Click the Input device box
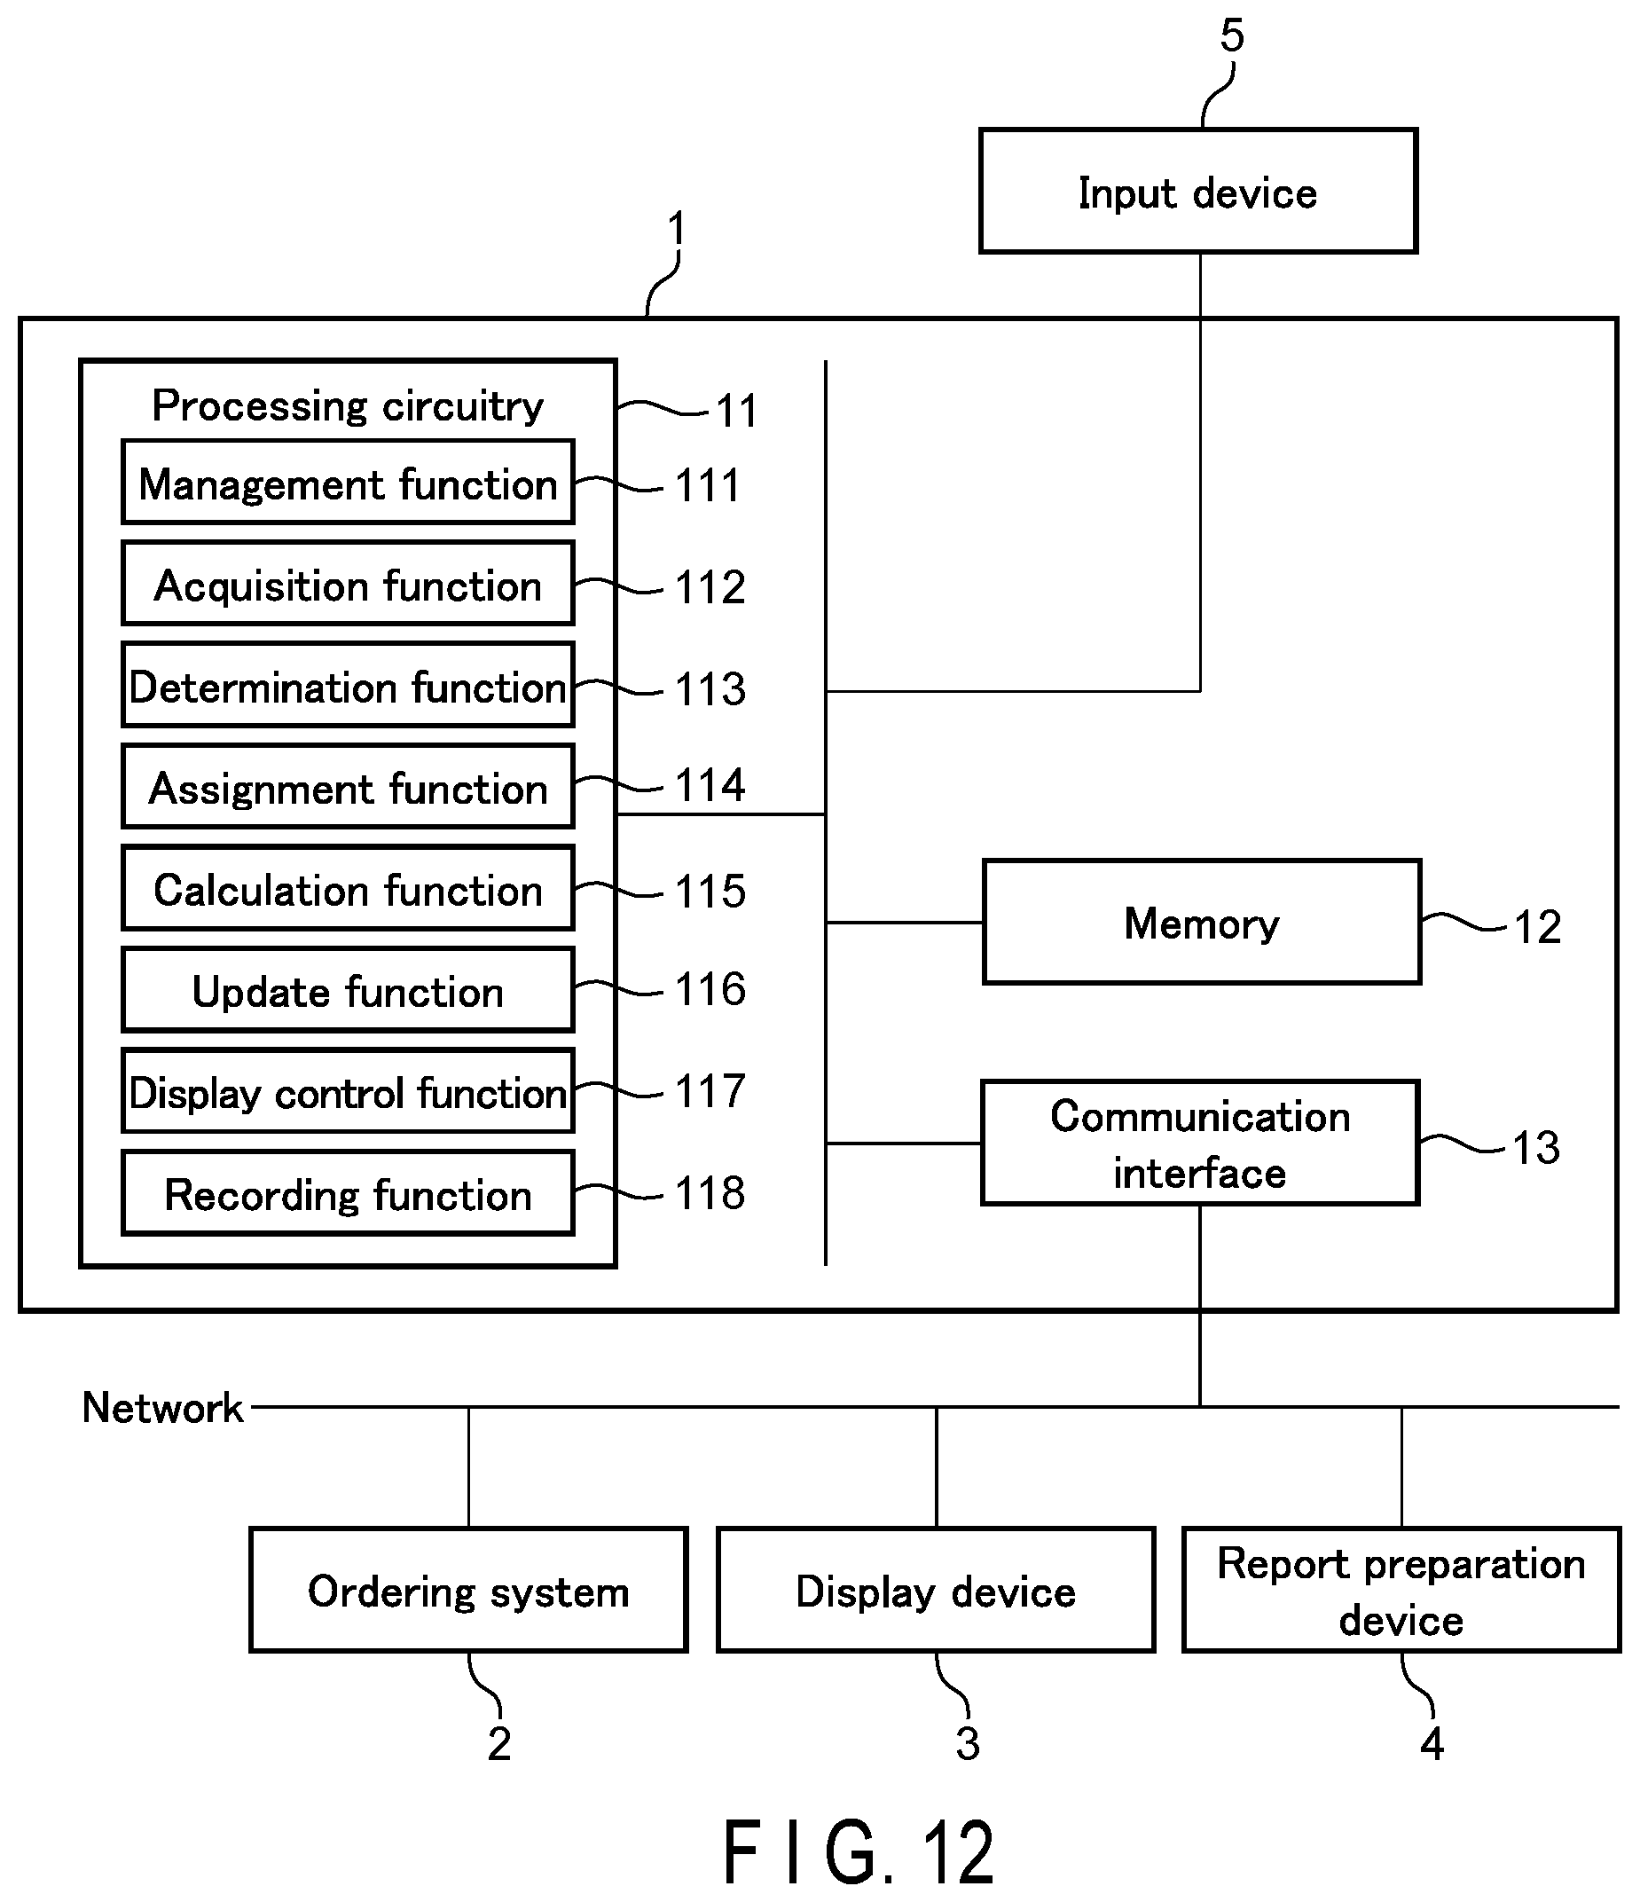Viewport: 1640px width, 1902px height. [1197, 191]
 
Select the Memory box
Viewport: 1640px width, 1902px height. [1201, 922]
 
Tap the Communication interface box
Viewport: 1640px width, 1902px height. [1199, 1143]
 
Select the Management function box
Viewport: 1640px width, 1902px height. [348, 482]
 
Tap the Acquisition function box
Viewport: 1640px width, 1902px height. [348, 584]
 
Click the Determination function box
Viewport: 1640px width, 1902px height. [348, 686]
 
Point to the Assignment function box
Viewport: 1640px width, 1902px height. [348, 787]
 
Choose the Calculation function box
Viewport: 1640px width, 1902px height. [348, 889]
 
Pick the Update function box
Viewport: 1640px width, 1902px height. [348, 990]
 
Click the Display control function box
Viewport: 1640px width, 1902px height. [348, 1091]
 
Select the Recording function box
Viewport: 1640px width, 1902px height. [348, 1193]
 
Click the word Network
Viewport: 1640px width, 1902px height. [162, 1408]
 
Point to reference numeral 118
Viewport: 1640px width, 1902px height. [710, 1193]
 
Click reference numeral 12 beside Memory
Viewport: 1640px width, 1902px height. [1537, 927]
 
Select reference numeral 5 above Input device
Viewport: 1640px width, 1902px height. [1232, 35]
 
